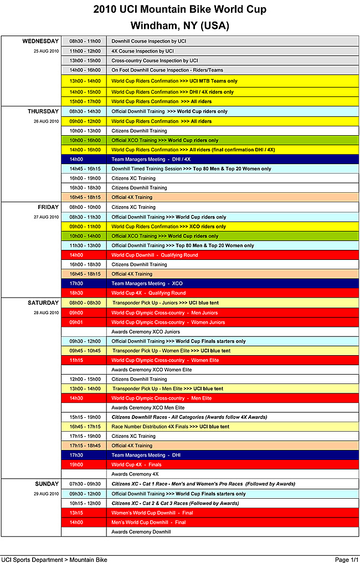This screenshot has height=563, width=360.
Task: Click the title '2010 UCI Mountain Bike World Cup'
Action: (179, 9)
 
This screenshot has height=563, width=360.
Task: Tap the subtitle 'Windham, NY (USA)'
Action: (179, 25)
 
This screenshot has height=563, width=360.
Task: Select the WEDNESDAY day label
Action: (40, 41)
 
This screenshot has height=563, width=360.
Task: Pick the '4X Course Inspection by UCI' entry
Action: (142, 51)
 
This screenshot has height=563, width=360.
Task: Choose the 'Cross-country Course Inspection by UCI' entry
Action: (155, 60)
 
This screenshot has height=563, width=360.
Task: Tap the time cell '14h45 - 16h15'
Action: (85, 168)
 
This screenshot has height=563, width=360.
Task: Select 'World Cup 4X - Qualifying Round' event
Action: (148, 293)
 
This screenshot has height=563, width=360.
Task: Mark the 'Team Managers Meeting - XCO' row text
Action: (147, 284)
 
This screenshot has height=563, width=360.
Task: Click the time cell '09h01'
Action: (76, 322)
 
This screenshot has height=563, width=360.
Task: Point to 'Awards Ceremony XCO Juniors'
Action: (146, 332)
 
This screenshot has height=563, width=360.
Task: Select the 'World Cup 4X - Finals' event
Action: (136, 465)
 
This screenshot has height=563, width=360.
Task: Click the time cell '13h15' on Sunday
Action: (76, 513)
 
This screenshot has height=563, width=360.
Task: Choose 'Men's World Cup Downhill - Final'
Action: (148, 522)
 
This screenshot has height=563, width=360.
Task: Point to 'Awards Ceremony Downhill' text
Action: (141, 532)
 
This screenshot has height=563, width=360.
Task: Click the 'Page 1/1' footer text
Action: (346, 560)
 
